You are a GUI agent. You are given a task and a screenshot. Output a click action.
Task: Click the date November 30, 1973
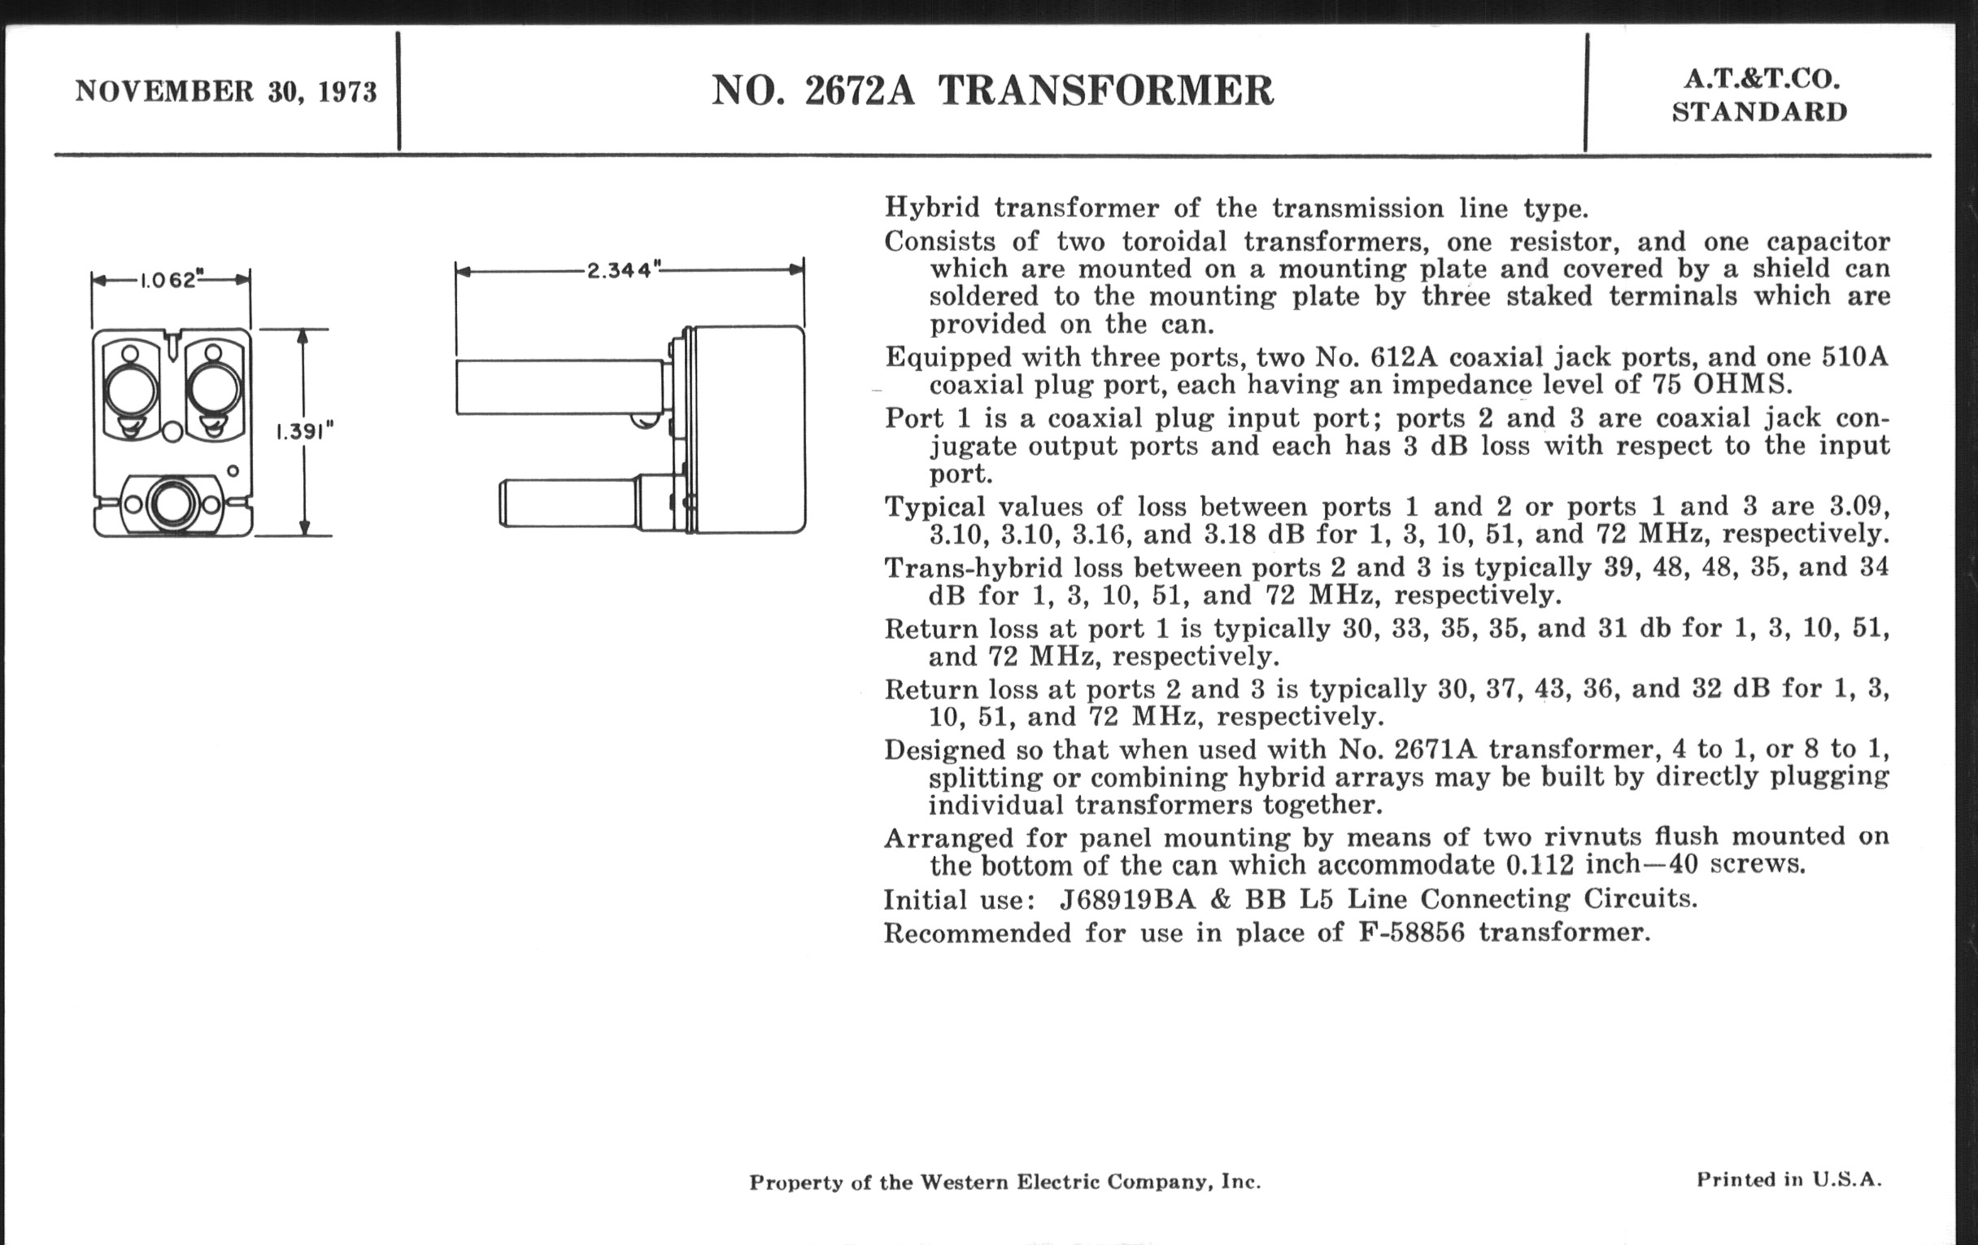[x=226, y=91]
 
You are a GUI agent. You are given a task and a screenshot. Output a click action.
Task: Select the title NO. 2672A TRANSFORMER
[x=992, y=90]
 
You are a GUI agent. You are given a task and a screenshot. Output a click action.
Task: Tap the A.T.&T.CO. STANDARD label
[x=1759, y=95]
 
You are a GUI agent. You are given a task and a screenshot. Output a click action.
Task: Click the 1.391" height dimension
[x=305, y=431]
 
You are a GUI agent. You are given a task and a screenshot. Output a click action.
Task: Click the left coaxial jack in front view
[x=132, y=391]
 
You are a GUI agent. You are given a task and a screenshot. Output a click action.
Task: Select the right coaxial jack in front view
[x=214, y=391]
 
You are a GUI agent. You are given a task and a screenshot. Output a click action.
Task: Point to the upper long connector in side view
[x=560, y=387]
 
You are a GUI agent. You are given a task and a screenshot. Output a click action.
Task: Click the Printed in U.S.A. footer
[x=1788, y=1180]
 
